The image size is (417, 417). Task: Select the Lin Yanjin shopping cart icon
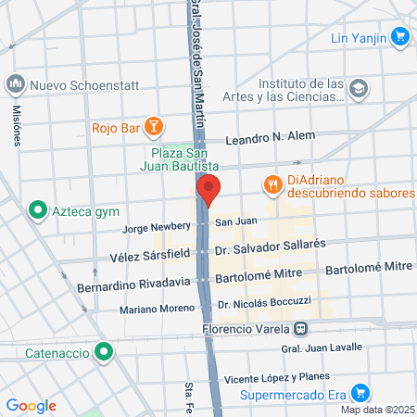[399, 37]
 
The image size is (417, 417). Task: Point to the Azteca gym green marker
[38, 210]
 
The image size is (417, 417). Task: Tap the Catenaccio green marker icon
[105, 352]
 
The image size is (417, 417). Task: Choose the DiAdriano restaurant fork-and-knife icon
[272, 184]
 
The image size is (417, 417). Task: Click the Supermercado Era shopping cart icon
[362, 393]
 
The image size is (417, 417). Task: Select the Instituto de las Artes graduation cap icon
[360, 88]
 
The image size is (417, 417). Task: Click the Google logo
[31, 406]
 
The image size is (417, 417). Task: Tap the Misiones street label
[16, 125]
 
